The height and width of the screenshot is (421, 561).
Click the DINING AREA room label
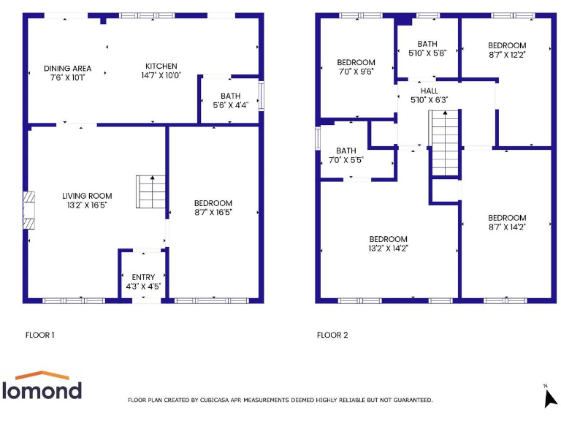click(x=66, y=68)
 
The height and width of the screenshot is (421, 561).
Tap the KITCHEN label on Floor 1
click(x=161, y=66)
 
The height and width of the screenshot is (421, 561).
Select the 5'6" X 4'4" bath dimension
click(x=230, y=105)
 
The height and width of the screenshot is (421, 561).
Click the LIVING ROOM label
click(x=87, y=196)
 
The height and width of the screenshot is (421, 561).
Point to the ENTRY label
click(x=143, y=277)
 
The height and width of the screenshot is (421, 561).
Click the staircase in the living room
click(x=150, y=191)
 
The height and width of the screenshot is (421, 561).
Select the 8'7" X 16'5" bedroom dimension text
click(x=213, y=212)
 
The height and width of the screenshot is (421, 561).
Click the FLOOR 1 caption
click(x=40, y=335)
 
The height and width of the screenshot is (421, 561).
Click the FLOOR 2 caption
click(x=332, y=335)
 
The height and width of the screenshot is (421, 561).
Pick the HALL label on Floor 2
click(x=429, y=91)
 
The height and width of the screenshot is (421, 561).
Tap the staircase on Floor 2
click(x=443, y=143)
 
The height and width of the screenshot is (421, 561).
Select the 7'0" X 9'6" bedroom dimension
click(x=356, y=72)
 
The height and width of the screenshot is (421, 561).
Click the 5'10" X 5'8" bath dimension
click(x=427, y=53)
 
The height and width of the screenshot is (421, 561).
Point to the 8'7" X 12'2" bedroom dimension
click(x=507, y=54)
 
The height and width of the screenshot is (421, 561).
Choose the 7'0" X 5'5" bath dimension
click(x=346, y=159)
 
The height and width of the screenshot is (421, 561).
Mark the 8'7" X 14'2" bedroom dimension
click(x=507, y=227)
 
